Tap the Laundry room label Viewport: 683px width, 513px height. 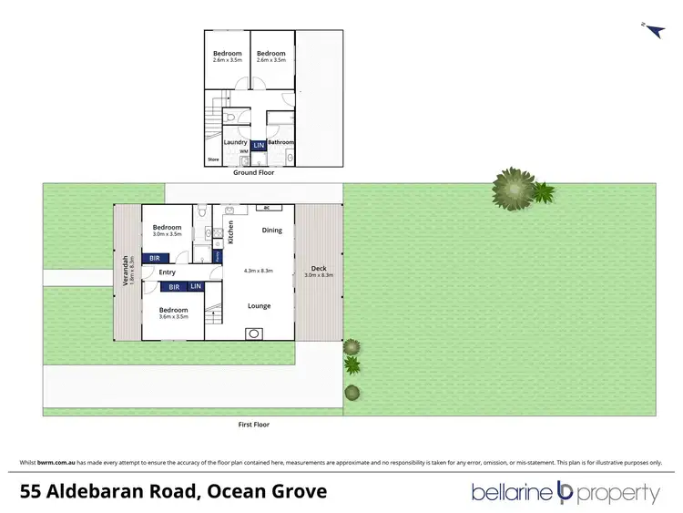(x=235, y=142)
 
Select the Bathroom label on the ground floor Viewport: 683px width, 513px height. (x=280, y=142)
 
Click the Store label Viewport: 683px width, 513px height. (x=213, y=159)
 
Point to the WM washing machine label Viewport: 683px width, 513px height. (x=230, y=151)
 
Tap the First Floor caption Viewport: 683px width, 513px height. (x=254, y=425)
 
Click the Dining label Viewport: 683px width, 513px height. (x=272, y=230)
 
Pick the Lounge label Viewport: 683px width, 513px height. (x=260, y=305)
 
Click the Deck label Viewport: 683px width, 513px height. (x=319, y=268)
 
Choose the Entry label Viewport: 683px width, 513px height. (x=168, y=272)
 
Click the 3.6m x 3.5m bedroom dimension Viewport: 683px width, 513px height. (x=173, y=317)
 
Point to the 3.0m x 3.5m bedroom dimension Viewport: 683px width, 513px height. (x=167, y=234)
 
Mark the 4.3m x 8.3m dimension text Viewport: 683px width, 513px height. (x=260, y=271)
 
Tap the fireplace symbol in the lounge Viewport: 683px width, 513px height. (x=251, y=333)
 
